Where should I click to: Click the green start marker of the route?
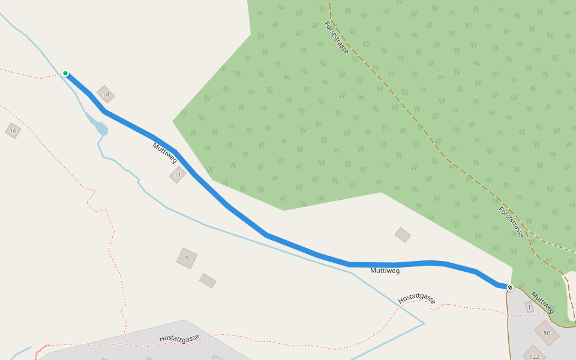(65, 73)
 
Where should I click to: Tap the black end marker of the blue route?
(510, 287)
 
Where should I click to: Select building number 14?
(106, 95)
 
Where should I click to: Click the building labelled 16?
(13, 130)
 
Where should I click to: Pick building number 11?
(177, 175)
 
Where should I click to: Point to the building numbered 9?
(187, 258)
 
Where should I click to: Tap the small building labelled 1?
(529, 307)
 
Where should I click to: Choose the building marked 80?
(547, 333)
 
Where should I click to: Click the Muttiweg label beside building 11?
(164, 153)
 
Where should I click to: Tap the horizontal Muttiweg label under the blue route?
(385, 271)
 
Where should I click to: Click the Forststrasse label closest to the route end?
(511, 222)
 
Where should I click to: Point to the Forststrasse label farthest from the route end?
(336, 38)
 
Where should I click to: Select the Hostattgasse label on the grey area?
(179, 338)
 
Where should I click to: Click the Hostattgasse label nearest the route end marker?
(416, 298)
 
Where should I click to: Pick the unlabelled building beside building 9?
(208, 281)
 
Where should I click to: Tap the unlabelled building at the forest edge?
(403, 235)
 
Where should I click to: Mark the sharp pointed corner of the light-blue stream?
(424, 323)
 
